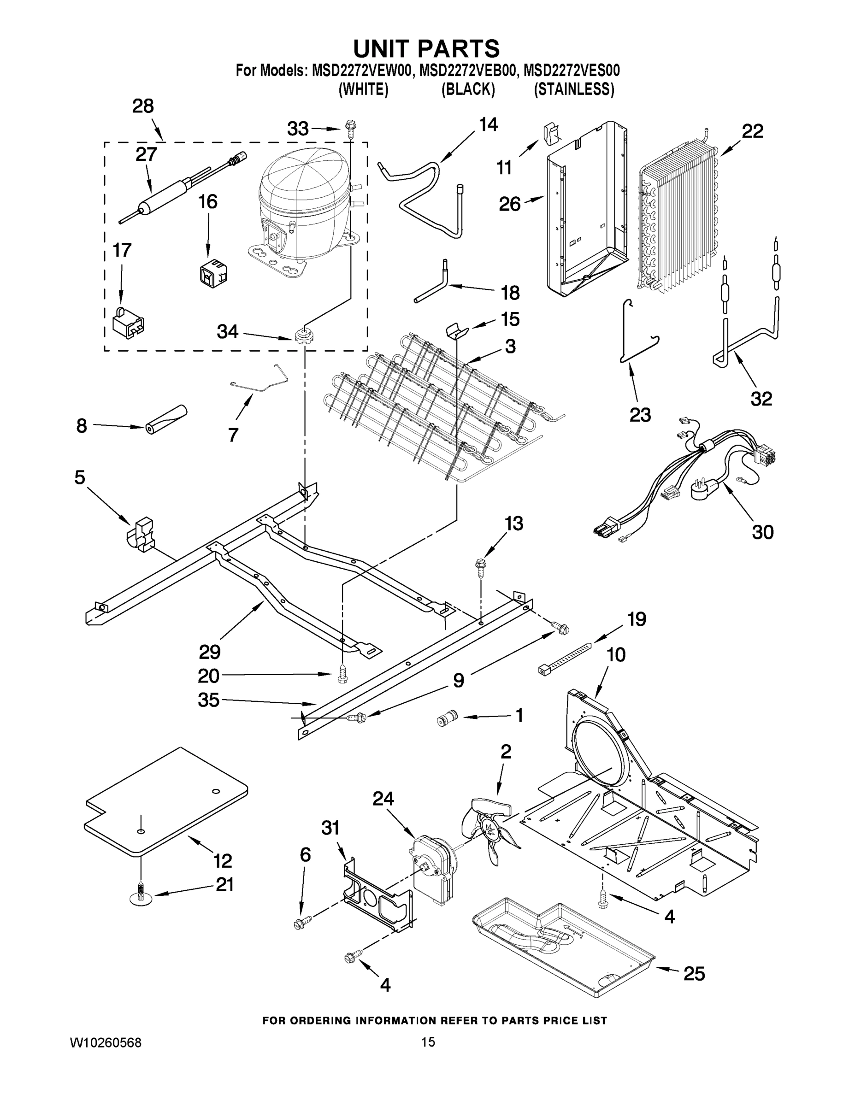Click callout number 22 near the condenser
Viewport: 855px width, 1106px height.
click(752, 132)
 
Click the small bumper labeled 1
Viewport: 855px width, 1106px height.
click(447, 718)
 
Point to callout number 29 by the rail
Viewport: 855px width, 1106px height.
click(209, 652)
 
